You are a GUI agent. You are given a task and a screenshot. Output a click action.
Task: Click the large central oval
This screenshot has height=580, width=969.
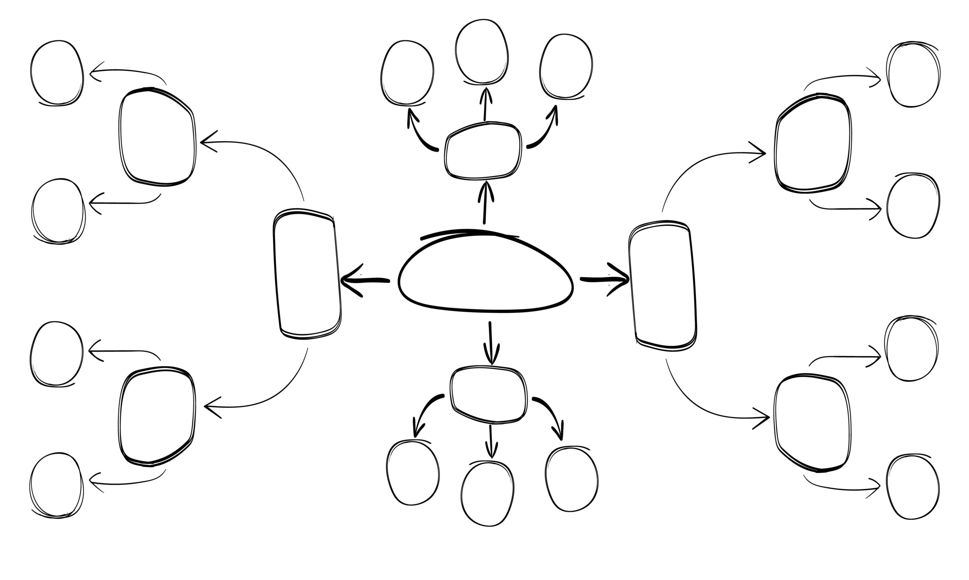[x=485, y=274]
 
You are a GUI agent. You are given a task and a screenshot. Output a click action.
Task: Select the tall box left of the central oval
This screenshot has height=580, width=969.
[x=307, y=274]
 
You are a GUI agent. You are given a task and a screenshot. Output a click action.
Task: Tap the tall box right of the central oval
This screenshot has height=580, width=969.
[x=663, y=285]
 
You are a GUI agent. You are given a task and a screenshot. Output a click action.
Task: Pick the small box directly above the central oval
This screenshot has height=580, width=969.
[x=483, y=152]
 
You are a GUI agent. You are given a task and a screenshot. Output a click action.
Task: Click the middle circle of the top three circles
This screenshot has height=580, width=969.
[x=482, y=51]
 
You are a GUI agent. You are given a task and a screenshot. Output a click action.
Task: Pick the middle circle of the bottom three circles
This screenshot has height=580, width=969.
[x=487, y=494]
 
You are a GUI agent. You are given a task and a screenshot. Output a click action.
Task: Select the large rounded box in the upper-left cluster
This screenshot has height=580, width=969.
[x=157, y=137]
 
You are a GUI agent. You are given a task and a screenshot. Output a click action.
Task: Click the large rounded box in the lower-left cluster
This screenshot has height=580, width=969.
[x=156, y=416]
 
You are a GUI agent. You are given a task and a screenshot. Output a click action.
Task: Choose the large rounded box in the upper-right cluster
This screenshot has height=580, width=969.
[x=813, y=143]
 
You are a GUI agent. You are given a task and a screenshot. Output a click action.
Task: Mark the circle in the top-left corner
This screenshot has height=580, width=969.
[x=57, y=73]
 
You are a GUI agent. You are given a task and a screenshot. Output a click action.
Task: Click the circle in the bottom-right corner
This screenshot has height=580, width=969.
[x=913, y=487]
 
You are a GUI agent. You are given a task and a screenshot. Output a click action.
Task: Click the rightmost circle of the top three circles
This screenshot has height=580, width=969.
[x=566, y=66]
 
